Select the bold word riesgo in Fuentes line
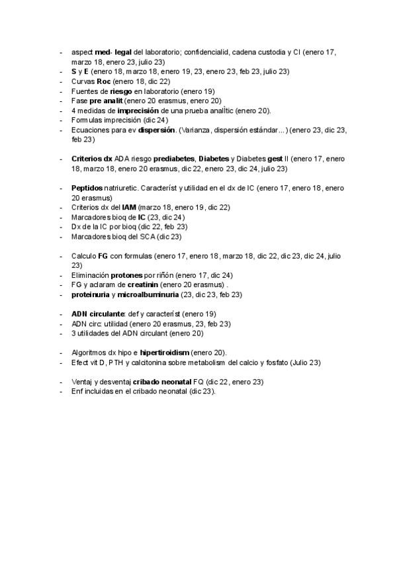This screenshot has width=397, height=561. pos(112,91)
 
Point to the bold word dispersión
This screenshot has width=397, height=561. pos(156,130)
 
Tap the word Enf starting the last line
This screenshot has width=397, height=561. pos(77,392)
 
